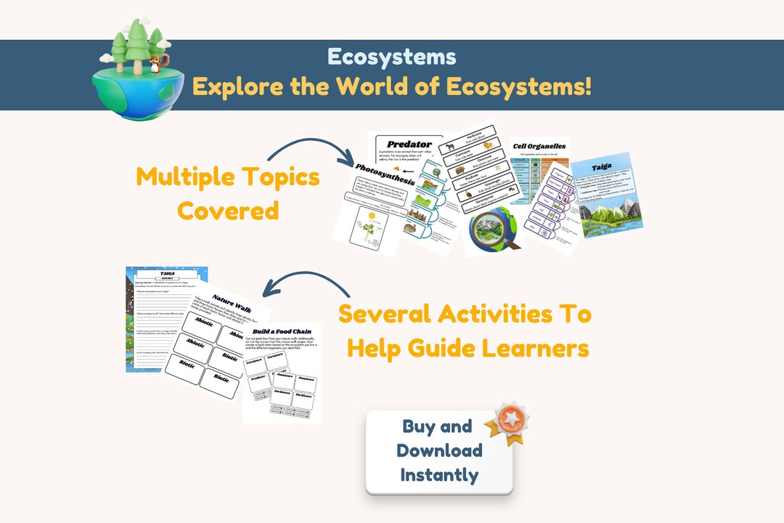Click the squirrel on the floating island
tap(155, 64)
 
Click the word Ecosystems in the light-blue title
tap(391, 57)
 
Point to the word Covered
tap(228, 211)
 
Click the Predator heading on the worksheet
tap(409, 144)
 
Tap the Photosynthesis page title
tap(385, 174)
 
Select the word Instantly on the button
tap(439, 475)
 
